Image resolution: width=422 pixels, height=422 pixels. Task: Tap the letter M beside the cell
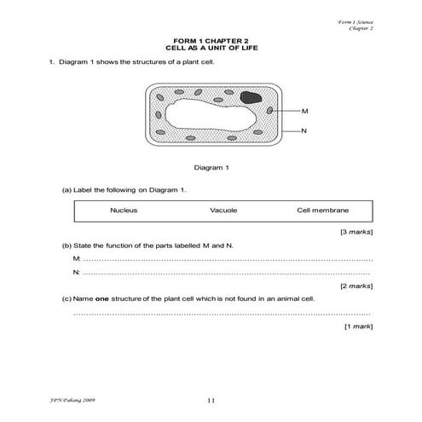pos(305,113)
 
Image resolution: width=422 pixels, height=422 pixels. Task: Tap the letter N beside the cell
pos(305,131)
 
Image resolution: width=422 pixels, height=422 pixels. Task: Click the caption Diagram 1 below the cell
pos(211,167)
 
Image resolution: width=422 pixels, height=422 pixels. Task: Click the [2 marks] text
pos(356,286)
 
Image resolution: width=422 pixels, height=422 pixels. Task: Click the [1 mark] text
pos(359,327)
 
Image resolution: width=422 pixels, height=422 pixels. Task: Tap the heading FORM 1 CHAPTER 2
pos(211,40)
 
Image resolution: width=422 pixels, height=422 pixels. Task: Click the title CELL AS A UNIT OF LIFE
pos(211,49)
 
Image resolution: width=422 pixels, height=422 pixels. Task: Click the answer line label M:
pos(77,258)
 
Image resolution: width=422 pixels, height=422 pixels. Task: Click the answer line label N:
pos(77,272)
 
